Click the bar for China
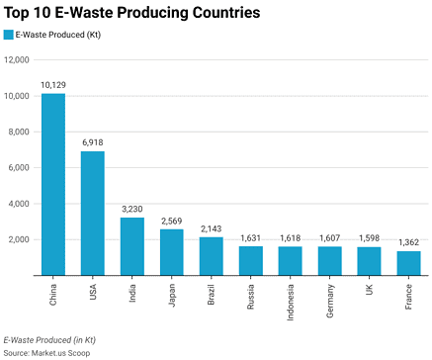pyautogui.click(x=53, y=185)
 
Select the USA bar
pyautogui.click(x=93, y=214)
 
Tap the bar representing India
pyautogui.click(x=132, y=246)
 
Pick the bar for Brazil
pyautogui.click(x=211, y=256)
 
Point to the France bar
pyautogui.click(x=408, y=263)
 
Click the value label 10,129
pyautogui.click(x=53, y=86)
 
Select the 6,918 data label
pyautogui.click(x=93, y=143)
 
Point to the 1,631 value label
pyautogui.click(x=250, y=238)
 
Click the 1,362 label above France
pyautogui.click(x=408, y=242)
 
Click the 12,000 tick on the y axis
pyautogui.click(x=18, y=60)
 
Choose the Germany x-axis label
pyautogui.click(x=330, y=300)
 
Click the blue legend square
pyautogui.click(x=9, y=34)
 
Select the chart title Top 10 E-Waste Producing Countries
pyautogui.click(x=132, y=13)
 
